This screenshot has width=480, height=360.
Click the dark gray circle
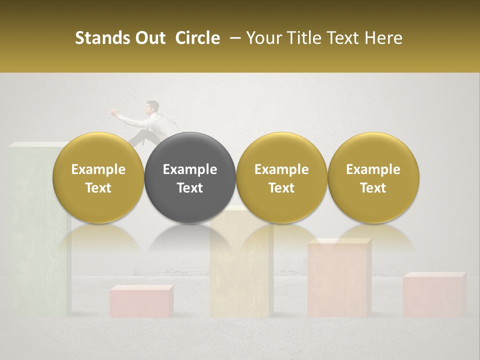[x=190, y=178]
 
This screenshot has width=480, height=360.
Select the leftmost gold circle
[x=98, y=178]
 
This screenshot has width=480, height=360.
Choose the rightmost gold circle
[x=373, y=178]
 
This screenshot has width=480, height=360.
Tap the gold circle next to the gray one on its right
[x=281, y=178]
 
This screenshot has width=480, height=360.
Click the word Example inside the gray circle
[x=190, y=169]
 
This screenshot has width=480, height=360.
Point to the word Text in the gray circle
[x=190, y=188]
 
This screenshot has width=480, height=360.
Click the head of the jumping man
[x=152, y=106]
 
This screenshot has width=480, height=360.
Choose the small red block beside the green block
[x=141, y=301]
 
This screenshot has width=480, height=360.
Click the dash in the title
[x=233, y=38]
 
